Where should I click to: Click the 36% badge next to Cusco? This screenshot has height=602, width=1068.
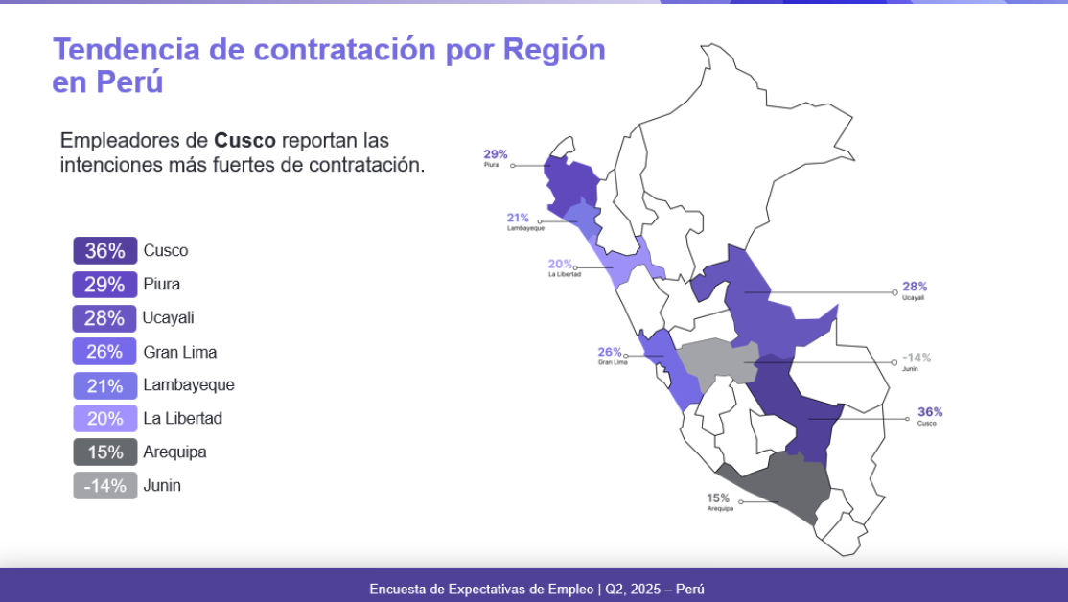[104, 250]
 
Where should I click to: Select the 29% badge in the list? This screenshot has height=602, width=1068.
[104, 285]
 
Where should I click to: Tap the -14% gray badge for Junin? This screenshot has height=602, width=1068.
[104, 486]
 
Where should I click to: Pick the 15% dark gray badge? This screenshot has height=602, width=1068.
[104, 452]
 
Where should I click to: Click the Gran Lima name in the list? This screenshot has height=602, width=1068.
[180, 352]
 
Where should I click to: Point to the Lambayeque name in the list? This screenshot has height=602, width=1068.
[189, 385]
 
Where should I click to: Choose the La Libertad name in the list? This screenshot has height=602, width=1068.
[182, 418]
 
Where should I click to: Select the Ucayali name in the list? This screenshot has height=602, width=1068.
[168, 318]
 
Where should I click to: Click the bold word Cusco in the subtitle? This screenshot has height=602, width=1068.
[244, 140]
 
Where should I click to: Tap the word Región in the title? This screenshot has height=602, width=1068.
[554, 51]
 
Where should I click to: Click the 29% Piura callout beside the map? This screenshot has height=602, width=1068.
[496, 158]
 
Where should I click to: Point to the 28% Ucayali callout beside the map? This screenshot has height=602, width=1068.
[914, 290]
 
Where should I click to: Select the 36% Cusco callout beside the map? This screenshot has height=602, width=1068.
[930, 415]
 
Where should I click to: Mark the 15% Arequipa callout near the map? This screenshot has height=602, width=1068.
[719, 502]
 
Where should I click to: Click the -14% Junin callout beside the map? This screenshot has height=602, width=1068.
[917, 361]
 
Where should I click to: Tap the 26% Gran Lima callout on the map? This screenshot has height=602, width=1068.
[611, 356]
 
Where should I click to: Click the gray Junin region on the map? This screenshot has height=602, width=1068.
[716, 361]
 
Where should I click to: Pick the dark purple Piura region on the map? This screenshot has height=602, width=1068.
[570, 184]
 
